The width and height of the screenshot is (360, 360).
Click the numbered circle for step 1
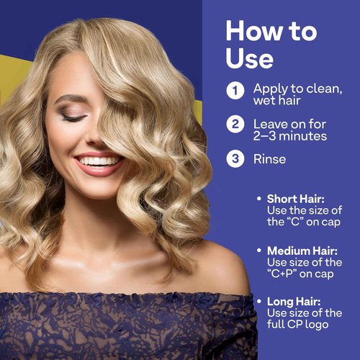coord(235,91)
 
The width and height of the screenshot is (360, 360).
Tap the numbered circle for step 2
coord(235,124)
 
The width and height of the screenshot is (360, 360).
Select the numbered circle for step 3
coord(235,158)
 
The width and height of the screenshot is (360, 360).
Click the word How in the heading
coord(252,32)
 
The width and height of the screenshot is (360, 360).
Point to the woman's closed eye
coord(74,117)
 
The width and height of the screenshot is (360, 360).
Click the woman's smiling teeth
coord(99,161)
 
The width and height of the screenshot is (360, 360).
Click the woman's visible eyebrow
coord(70,99)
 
